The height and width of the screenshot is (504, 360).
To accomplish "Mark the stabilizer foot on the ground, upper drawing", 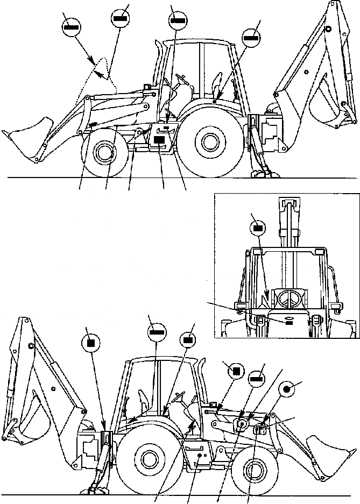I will point(263,173).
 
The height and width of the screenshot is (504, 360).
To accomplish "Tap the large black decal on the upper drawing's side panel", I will point(159,139).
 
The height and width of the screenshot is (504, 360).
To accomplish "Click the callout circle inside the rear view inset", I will point(258,228).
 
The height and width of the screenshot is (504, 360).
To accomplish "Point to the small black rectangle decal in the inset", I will point(289,322).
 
